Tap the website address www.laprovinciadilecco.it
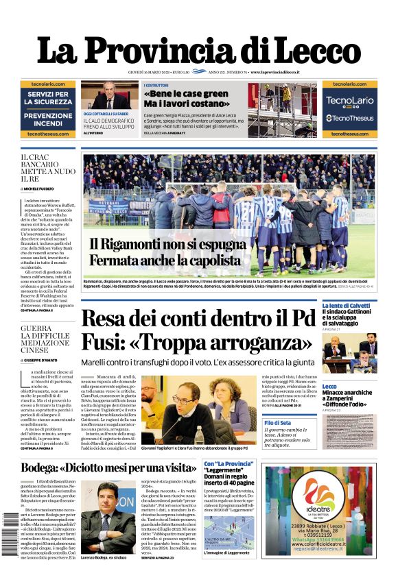click(x=280, y=72)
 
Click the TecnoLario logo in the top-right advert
click(x=350, y=100)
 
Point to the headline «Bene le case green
click(x=186, y=93)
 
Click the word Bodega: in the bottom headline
click(x=47, y=468)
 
